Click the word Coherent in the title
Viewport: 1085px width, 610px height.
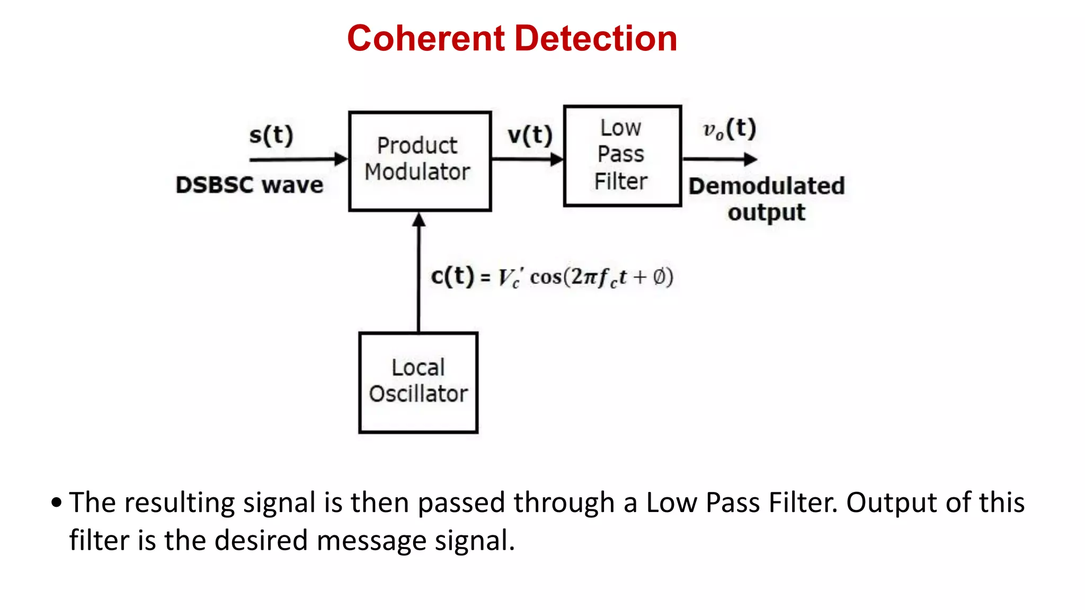tap(426, 39)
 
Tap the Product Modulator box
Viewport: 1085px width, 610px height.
tap(420, 161)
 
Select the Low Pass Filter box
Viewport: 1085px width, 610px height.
tap(622, 156)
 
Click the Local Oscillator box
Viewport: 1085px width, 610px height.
tap(418, 382)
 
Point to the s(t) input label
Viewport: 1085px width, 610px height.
tap(271, 135)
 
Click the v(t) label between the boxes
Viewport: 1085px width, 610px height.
tap(529, 135)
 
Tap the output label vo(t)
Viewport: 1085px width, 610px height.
tap(729, 129)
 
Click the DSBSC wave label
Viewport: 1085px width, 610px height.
tap(249, 185)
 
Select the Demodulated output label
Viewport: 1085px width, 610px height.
tap(766, 199)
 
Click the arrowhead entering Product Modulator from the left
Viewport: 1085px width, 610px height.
tap(341, 159)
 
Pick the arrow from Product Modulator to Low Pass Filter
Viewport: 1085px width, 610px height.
tap(527, 159)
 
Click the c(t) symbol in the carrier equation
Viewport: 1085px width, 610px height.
tap(452, 276)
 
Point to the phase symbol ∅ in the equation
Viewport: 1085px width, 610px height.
tap(659, 276)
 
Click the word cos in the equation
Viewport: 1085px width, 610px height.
tap(546, 277)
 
